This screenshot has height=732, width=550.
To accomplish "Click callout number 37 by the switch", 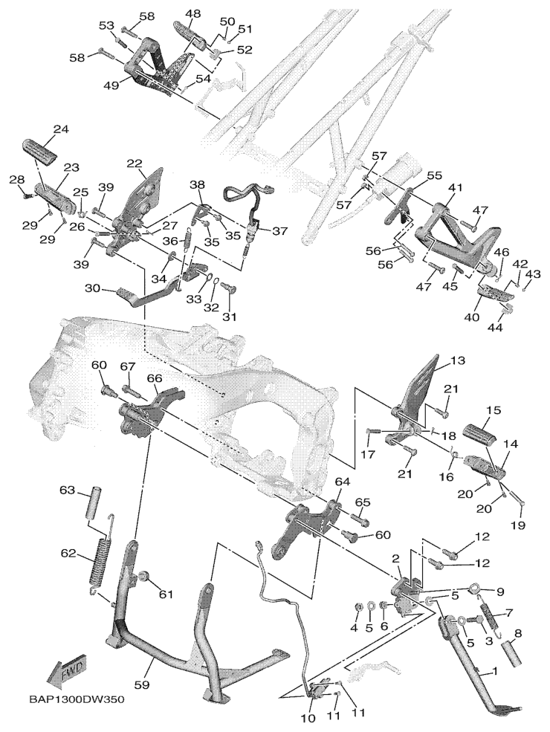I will (x=279, y=231).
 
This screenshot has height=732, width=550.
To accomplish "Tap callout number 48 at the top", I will (x=193, y=14).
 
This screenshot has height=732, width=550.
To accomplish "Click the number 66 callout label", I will (x=154, y=378).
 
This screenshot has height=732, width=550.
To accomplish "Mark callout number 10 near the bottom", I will (x=308, y=718).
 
